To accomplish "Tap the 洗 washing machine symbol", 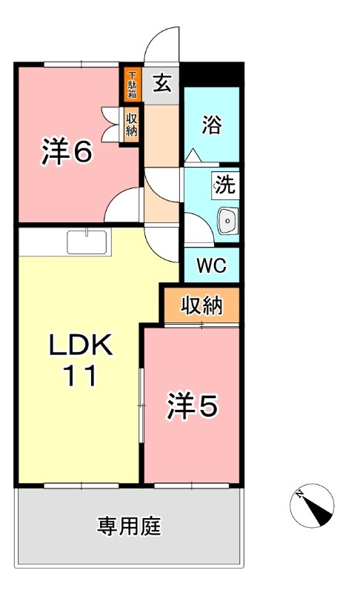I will pos(225,184).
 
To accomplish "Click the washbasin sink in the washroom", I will pos(227,219).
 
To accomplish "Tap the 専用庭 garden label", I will pos(129,526).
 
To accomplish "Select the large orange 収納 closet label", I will pos(201,304).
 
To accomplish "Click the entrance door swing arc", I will pos(161,44).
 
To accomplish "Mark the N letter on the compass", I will pos(299,494).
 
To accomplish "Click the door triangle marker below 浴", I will pos(192,155).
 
